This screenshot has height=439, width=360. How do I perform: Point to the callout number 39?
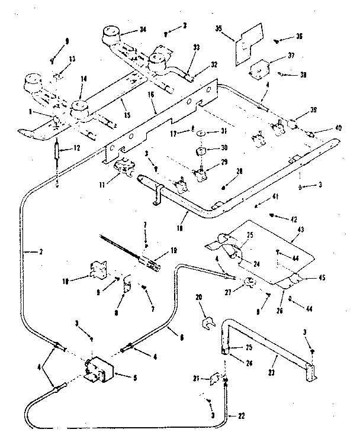pos(313,111)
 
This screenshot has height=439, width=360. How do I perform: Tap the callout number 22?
pos(241,417)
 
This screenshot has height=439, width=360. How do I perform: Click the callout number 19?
pos(173,250)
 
